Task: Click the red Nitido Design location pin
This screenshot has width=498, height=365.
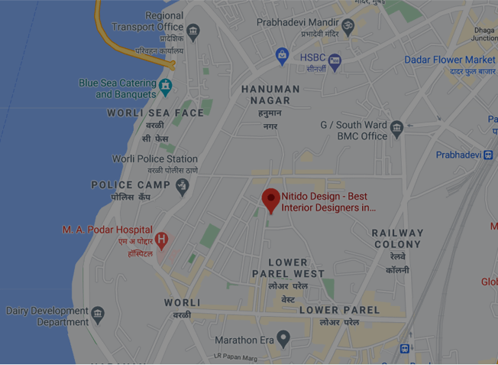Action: point(270,199)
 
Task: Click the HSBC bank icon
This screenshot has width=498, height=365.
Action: point(335,61)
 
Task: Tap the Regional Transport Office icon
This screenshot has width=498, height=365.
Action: point(193,32)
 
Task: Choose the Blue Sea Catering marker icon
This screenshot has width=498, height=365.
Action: point(166,88)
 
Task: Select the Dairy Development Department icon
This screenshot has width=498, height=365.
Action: point(98,314)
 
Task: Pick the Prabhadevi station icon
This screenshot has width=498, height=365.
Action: point(488,155)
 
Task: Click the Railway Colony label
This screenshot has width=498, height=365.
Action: point(397,238)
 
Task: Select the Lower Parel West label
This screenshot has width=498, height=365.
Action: point(288,268)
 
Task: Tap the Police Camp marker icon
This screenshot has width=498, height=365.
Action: point(182,186)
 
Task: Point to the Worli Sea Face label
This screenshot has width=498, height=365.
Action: point(156,112)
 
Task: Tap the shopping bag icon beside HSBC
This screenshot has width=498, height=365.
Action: point(283,56)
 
